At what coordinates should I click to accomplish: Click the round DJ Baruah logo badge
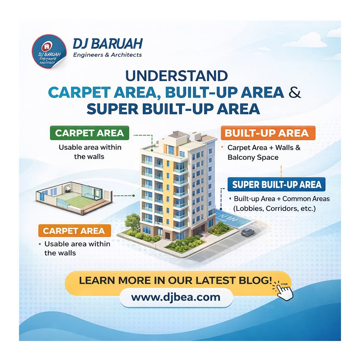click(x=49, y=51)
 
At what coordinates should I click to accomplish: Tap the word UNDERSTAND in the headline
click(x=176, y=76)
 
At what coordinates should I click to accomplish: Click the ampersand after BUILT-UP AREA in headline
click(x=295, y=92)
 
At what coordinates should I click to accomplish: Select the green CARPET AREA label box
click(x=90, y=133)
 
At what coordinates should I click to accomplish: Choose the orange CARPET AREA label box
click(x=75, y=231)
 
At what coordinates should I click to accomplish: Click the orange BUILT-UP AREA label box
click(x=268, y=133)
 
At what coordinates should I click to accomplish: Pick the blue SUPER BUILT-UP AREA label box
click(x=276, y=184)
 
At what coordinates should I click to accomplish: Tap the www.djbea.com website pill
click(x=176, y=297)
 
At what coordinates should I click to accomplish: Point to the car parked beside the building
click(x=247, y=232)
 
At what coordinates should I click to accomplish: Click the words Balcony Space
click(x=253, y=157)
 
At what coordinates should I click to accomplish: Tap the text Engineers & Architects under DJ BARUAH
click(x=108, y=55)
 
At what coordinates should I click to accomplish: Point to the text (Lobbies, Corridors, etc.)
click(x=274, y=208)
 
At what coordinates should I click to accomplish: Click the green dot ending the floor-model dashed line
click(x=133, y=195)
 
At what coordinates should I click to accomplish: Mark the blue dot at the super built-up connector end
click(x=221, y=209)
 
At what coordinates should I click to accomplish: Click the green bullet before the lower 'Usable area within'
click(x=40, y=244)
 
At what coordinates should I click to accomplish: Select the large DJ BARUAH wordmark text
click(x=108, y=44)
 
